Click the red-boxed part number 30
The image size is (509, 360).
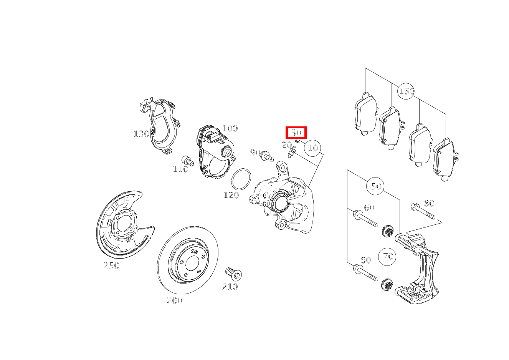(x=296, y=133)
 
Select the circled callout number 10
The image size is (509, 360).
(x=312, y=148)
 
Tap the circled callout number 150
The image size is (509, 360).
(x=406, y=91)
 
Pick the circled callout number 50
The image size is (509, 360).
(x=375, y=186)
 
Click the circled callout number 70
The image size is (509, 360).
(x=387, y=257)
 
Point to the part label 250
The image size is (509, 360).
(x=111, y=265)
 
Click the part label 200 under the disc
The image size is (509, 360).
(x=175, y=300)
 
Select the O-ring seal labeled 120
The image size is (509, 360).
(x=241, y=179)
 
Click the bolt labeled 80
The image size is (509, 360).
(x=423, y=211)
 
